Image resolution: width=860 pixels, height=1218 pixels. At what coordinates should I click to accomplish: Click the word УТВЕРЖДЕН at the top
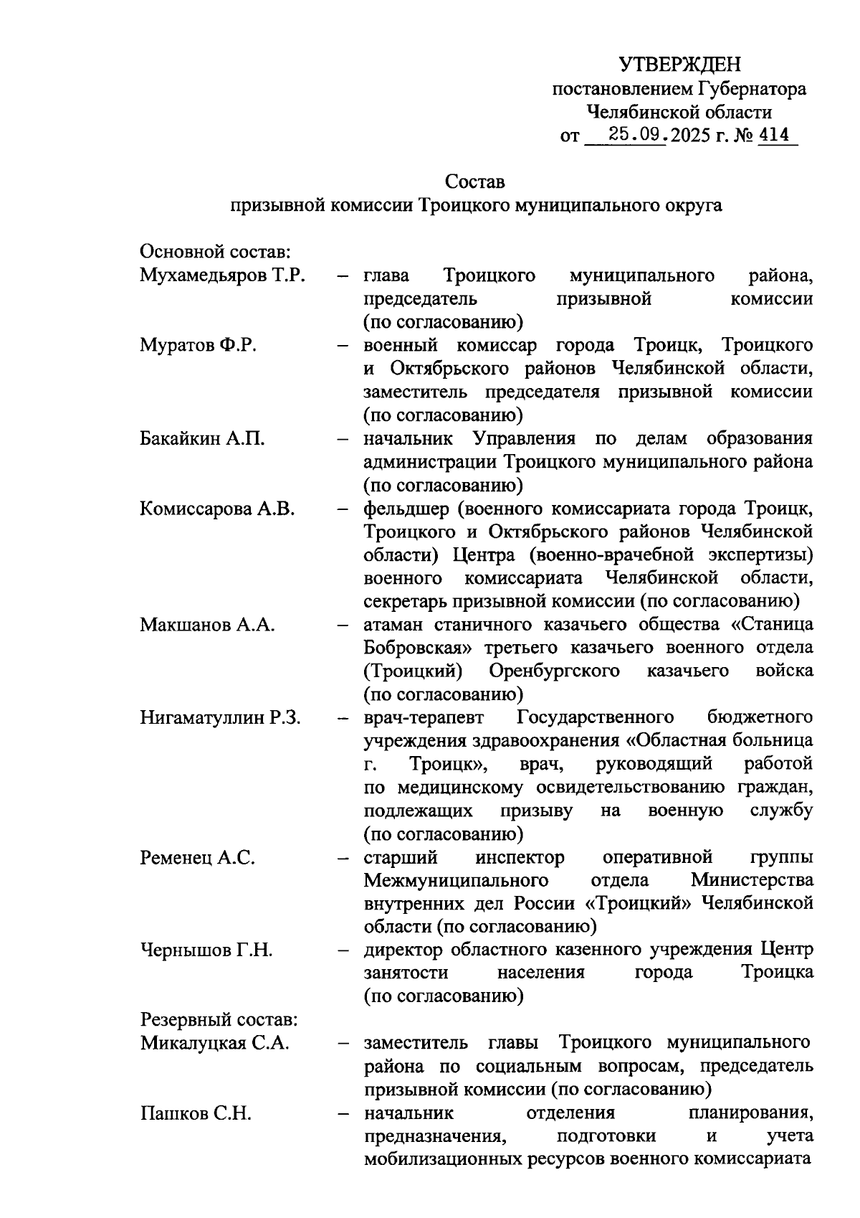tap(679, 65)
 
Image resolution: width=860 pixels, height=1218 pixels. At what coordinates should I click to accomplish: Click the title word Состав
tap(474, 181)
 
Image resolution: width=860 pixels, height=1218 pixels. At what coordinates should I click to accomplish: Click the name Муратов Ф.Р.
tap(199, 346)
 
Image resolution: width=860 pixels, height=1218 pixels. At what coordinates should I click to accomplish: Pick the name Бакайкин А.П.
tap(203, 439)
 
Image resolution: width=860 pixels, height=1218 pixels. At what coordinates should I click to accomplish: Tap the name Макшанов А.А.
tap(208, 625)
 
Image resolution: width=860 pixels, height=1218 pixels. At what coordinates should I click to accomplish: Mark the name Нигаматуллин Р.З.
tap(221, 717)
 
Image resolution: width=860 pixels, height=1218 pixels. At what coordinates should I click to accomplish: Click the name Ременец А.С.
tap(198, 857)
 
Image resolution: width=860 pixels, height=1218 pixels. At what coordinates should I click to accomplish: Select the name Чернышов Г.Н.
tap(206, 950)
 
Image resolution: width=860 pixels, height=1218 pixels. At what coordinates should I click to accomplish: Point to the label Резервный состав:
tap(219, 1020)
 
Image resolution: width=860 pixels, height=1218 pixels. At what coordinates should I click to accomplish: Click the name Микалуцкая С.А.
tap(215, 1043)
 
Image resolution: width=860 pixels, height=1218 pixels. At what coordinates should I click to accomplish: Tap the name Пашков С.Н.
tap(196, 1113)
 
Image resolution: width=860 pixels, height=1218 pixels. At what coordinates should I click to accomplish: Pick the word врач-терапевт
tap(424, 717)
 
